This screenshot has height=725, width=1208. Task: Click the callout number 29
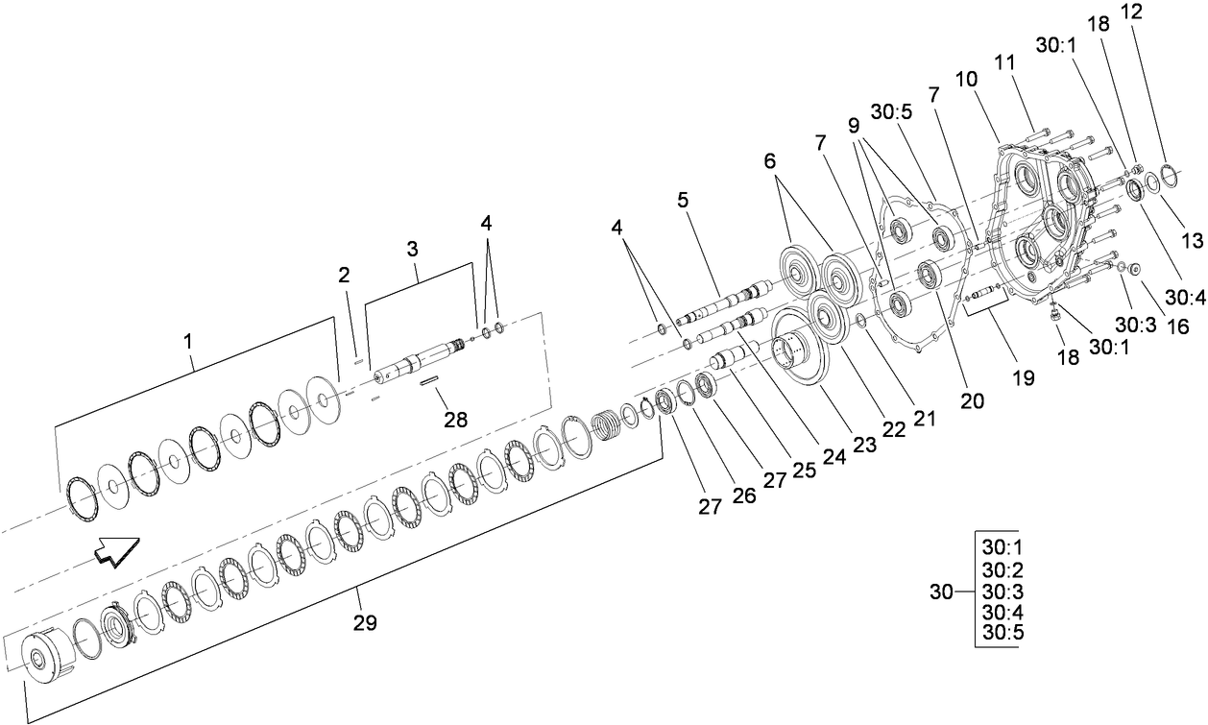[363, 622]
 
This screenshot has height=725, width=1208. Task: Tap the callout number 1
[188, 340]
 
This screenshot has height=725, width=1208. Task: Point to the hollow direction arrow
[116, 551]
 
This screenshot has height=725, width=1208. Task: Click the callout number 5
[683, 201]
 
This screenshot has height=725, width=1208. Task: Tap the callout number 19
[1023, 377]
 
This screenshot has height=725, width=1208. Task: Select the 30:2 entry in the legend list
[1002, 569]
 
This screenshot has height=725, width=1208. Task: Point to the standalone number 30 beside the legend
[943, 592]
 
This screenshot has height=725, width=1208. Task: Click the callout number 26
[745, 495]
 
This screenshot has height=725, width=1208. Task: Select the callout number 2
[344, 276]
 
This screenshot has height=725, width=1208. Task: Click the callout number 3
[412, 248]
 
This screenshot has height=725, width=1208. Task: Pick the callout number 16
[1176, 326]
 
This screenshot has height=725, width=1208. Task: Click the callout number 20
[973, 401]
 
